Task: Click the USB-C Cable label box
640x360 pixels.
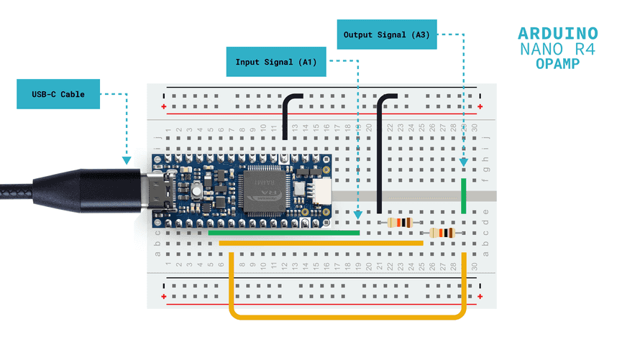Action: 58,94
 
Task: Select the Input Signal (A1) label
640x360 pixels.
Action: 276,62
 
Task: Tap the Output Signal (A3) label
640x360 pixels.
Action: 387,34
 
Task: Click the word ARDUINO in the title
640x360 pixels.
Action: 557,34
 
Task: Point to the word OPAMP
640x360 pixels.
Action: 557,64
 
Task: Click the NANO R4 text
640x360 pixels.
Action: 557,50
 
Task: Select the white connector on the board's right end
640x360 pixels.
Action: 324,191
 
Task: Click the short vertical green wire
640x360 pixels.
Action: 465,196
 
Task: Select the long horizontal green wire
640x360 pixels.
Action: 284,233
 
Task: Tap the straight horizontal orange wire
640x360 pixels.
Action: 321,244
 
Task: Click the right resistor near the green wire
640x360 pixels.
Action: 442,233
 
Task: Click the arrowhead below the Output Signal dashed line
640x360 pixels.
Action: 465,163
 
